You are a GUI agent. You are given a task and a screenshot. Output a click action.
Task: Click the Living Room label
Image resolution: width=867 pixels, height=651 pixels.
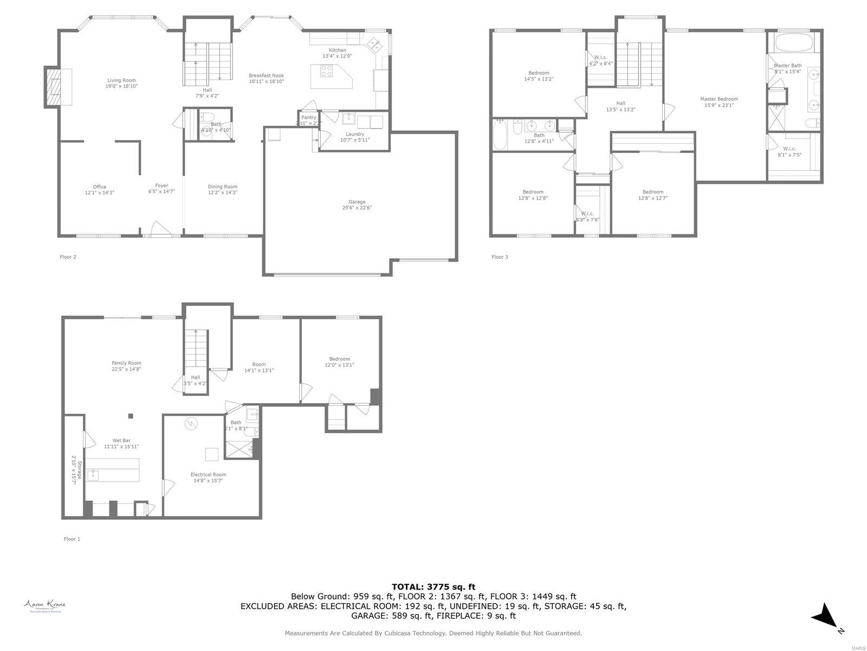[121, 83]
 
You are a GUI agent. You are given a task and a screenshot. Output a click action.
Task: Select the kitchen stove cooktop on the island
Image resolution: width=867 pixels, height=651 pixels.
[327, 71]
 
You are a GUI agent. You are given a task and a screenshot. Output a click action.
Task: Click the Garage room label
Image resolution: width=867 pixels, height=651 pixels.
[357, 205]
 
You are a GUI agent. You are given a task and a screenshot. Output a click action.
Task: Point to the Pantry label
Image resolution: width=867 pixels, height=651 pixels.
[308, 118]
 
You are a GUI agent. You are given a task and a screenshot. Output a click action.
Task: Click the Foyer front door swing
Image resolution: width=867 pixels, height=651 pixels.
[160, 228]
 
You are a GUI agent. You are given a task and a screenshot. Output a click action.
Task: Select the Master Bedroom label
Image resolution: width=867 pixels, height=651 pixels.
[719, 99]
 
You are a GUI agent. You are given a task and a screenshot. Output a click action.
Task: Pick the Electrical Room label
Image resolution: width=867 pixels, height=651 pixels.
[208, 477]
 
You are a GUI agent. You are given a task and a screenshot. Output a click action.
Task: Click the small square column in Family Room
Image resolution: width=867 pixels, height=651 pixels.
[131, 416]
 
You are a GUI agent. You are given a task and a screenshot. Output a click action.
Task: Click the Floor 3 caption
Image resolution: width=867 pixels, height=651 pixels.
[500, 257]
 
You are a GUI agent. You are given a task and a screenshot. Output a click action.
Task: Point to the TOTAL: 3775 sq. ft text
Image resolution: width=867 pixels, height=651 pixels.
[433, 586]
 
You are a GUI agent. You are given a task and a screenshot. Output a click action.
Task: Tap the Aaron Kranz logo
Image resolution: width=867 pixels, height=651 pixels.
[44, 605]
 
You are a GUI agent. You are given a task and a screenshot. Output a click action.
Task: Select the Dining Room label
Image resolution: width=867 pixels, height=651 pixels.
[222, 189]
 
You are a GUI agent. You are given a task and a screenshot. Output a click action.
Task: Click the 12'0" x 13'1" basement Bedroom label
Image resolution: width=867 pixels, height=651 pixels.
[339, 362]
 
